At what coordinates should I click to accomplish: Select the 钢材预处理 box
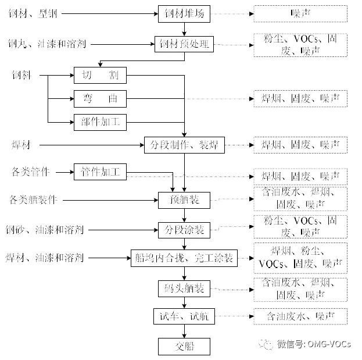[x=184, y=44]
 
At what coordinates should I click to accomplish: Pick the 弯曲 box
[x=100, y=99]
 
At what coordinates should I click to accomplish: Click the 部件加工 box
[x=100, y=122]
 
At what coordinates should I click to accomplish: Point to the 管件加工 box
[x=100, y=172]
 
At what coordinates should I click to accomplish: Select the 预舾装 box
[x=184, y=201]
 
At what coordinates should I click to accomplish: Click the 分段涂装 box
[x=184, y=230]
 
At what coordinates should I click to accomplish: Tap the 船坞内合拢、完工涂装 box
[x=184, y=258]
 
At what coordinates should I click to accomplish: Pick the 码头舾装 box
[x=184, y=288]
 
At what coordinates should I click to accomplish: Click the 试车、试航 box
[x=184, y=317]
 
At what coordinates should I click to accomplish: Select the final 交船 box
[x=184, y=347]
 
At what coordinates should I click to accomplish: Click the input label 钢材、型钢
[x=30, y=13]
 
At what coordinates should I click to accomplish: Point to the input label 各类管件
[x=30, y=172]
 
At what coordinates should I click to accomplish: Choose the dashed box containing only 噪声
[x=300, y=13]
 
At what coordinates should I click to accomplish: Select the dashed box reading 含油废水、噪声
[x=300, y=317]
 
